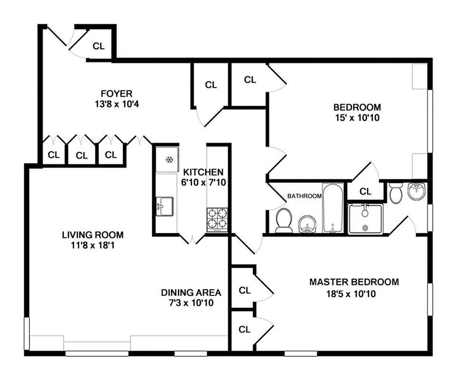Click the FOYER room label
click(x=116, y=94)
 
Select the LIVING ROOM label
click(x=93, y=235)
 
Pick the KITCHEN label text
click(x=203, y=172)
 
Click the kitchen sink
click(x=164, y=207)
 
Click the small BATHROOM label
click(x=304, y=196)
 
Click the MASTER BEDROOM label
click(x=354, y=282)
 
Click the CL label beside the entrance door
click(x=98, y=46)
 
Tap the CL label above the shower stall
click(x=365, y=191)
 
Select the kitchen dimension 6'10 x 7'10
click(x=203, y=182)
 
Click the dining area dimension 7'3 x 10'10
click(x=191, y=303)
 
